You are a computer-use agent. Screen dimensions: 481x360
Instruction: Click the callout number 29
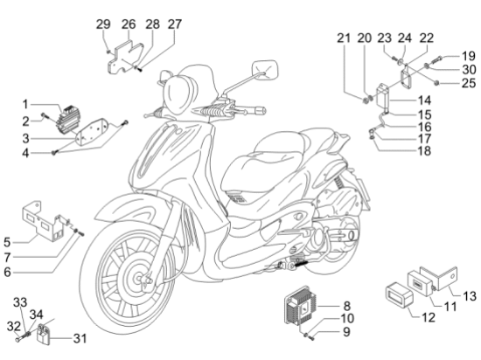pyautogui.click(x=103, y=24)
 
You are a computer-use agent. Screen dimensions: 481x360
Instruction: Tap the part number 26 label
pyautogui.click(x=129, y=24)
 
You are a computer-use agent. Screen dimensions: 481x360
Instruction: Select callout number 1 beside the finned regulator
pyautogui.click(x=25, y=104)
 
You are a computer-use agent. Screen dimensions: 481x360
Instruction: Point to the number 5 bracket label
pyautogui.click(x=7, y=242)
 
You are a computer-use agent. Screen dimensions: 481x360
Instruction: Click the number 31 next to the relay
pyautogui.click(x=80, y=338)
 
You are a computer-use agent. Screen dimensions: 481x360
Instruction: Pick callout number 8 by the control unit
pyautogui.click(x=346, y=306)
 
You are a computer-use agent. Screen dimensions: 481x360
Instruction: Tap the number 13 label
pyautogui.click(x=470, y=296)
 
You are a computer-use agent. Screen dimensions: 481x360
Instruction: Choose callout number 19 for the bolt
pyautogui.click(x=469, y=56)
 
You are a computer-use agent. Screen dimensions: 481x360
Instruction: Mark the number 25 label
pyautogui.click(x=469, y=83)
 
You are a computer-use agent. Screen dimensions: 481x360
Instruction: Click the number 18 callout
pyautogui.click(x=424, y=151)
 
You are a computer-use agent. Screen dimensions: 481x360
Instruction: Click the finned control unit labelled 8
pyautogui.click(x=301, y=305)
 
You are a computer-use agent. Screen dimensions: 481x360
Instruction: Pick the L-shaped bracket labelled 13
pyautogui.click(x=440, y=279)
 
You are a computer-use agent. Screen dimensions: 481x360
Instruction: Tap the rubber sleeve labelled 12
pyautogui.click(x=399, y=295)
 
